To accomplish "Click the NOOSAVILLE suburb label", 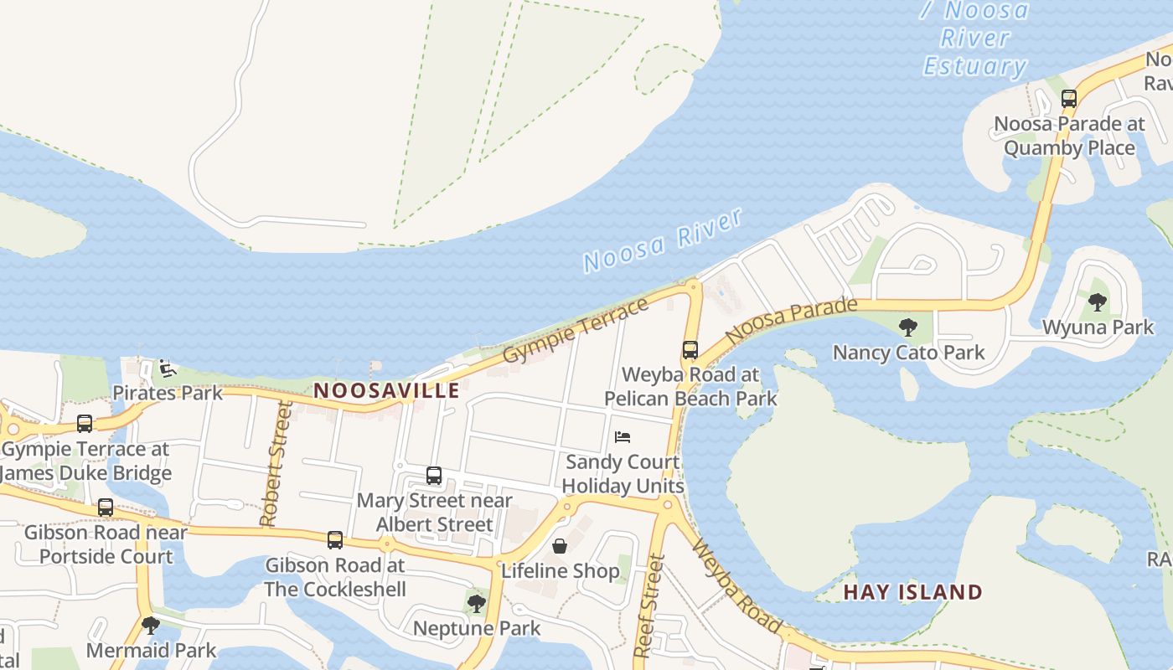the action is point(386,390).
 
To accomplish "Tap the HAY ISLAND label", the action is point(912,592).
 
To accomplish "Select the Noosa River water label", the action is point(663,240).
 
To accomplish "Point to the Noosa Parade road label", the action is point(792,321).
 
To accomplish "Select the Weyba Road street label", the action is point(736,586).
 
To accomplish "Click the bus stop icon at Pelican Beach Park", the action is point(690,350).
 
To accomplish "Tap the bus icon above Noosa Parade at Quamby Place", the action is point(1069,98).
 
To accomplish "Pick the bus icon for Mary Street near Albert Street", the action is point(434,476).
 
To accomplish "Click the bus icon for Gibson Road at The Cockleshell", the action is point(335,540).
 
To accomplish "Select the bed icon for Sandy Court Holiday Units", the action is point(623,437).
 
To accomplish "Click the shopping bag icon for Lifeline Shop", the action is point(560,547).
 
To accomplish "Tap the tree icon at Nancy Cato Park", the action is point(907,327).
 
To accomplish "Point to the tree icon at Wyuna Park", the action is point(1098,301).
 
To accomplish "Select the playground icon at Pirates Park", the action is point(167,368).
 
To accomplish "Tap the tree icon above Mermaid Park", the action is point(151,625).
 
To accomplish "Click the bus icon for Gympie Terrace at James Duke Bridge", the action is point(85,424).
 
